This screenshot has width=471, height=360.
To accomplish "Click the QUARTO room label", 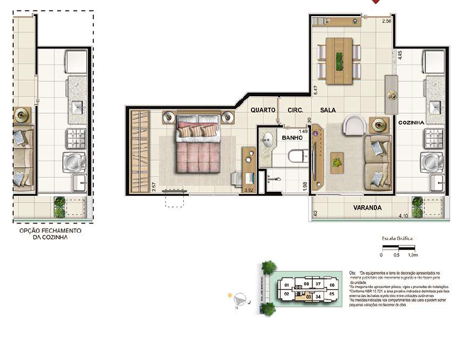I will click(x=262, y=109).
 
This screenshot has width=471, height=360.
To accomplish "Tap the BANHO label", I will click(x=292, y=138).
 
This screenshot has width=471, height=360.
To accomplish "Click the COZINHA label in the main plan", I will click(x=411, y=123).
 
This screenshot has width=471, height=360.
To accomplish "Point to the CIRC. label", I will click(x=288, y=109).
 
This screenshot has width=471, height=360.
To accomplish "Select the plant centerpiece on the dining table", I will click(x=339, y=59).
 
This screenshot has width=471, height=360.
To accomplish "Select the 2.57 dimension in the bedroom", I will click(x=154, y=187).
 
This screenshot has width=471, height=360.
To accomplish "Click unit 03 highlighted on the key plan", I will click(x=309, y=297).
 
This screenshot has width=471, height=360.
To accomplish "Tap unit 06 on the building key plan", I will click(x=332, y=285).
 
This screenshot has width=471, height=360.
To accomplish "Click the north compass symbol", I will click(x=241, y=298).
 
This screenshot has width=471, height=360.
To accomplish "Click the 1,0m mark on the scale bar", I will click(x=412, y=254).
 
